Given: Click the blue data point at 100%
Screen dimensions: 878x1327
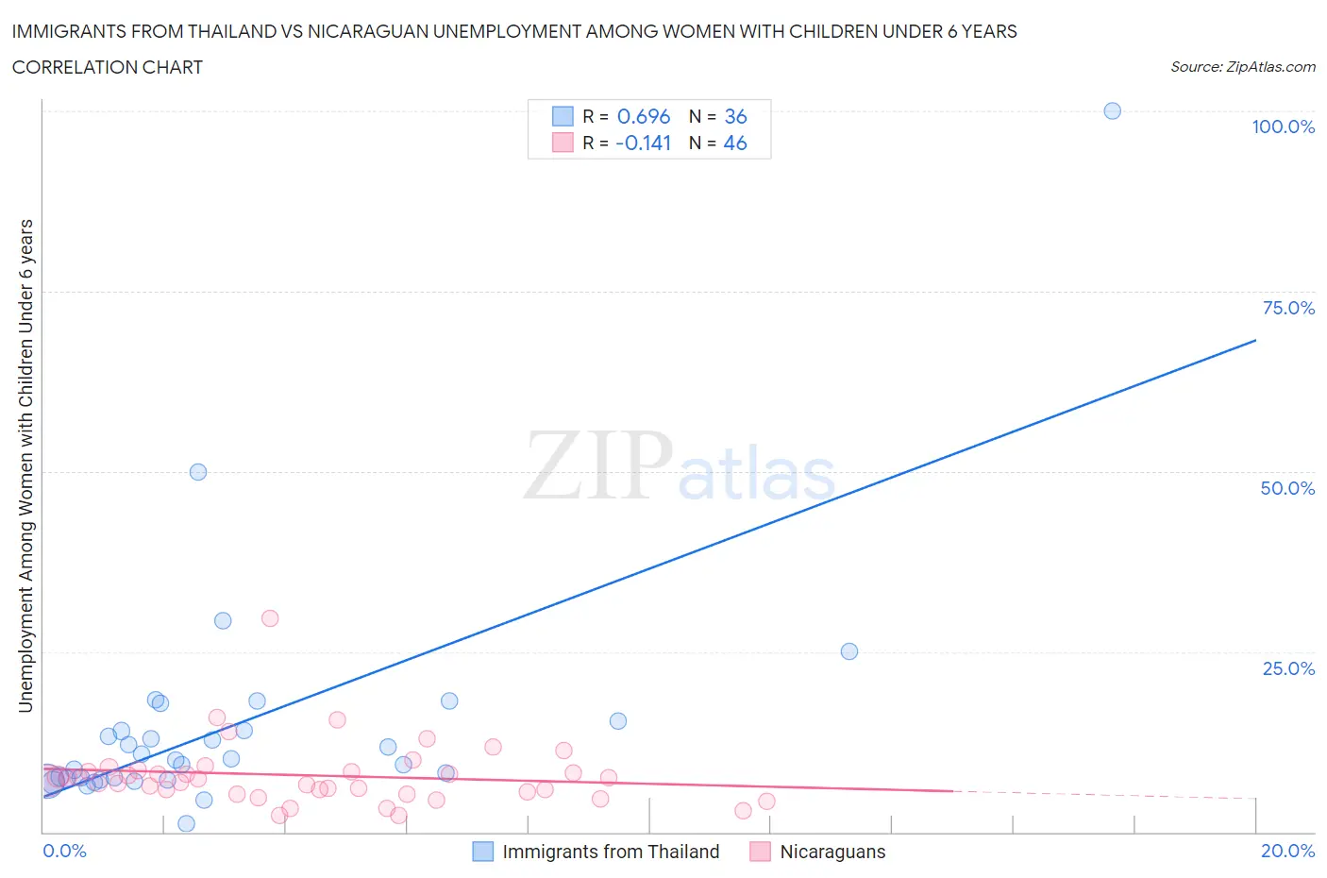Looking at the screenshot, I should (1112, 111).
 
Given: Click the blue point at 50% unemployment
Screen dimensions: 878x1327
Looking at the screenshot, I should (198, 472).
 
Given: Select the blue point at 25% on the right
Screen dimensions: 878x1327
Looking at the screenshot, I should (848, 651).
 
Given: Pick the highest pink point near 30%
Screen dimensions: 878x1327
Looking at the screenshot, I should (270, 618).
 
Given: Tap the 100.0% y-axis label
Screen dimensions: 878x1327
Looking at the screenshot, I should (1283, 127).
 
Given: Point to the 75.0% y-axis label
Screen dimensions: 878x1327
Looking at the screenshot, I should (1288, 309).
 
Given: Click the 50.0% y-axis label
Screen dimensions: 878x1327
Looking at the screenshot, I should (1287, 489).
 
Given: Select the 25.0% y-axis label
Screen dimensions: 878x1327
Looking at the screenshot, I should (1288, 669).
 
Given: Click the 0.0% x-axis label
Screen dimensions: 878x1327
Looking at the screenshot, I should (64, 852).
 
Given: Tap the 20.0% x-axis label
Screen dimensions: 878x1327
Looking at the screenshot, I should (1287, 852).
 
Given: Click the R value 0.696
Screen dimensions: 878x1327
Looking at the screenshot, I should (644, 117).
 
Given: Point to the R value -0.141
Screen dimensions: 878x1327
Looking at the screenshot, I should (643, 144).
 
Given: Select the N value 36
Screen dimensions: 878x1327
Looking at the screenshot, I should (735, 117).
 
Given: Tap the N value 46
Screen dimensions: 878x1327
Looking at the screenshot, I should (735, 144).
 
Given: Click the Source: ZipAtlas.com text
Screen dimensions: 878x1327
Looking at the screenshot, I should (1242, 67).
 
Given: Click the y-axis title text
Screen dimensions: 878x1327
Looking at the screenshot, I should (26, 465).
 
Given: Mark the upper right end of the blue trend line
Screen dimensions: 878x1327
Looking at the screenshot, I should (1255, 340).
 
